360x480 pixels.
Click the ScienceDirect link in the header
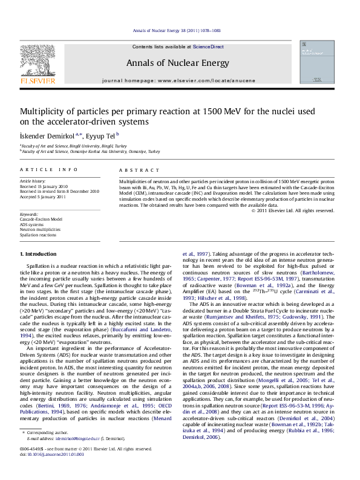pyautogui.click(x=208, y=47)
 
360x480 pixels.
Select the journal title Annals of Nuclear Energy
pyautogui.click(x=177, y=63)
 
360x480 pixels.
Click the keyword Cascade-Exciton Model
pyautogui.click(x=41, y=219)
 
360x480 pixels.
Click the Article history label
pyautogui.click(x=33, y=181)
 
